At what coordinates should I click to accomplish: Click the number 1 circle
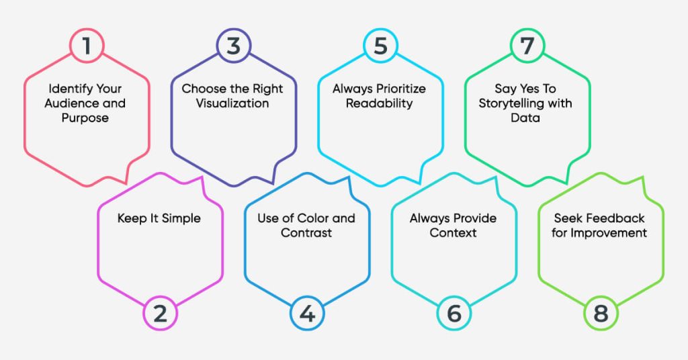[x=86, y=46]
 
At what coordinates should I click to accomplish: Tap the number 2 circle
[x=160, y=313]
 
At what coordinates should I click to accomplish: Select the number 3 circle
[x=232, y=46]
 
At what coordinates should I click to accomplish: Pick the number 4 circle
[x=306, y=313]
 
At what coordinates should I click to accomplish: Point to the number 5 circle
[x=380, y=46]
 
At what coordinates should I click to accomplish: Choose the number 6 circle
[x=454, y=313]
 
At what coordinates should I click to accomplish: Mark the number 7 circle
[x=527, y=46]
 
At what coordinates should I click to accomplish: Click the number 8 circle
[x=601, y=313]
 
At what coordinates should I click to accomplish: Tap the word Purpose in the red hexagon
[x=85, y=118]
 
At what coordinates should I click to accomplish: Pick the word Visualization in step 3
[x=232, y=103]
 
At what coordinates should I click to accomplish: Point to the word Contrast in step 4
[x=306, y=233]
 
